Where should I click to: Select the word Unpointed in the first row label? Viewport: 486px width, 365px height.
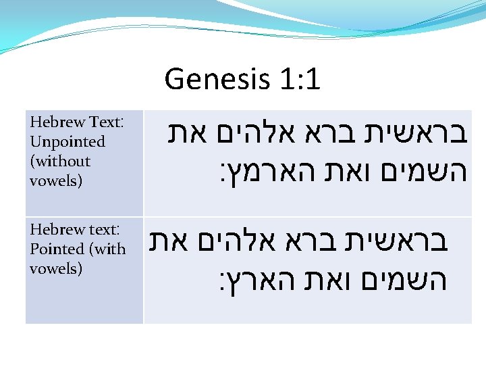coord(67,142)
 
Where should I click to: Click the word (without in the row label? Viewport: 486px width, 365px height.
coord(60,161)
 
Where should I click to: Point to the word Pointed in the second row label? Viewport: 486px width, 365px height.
coord(57,249)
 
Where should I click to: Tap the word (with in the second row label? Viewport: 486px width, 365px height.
coord(107,249)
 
